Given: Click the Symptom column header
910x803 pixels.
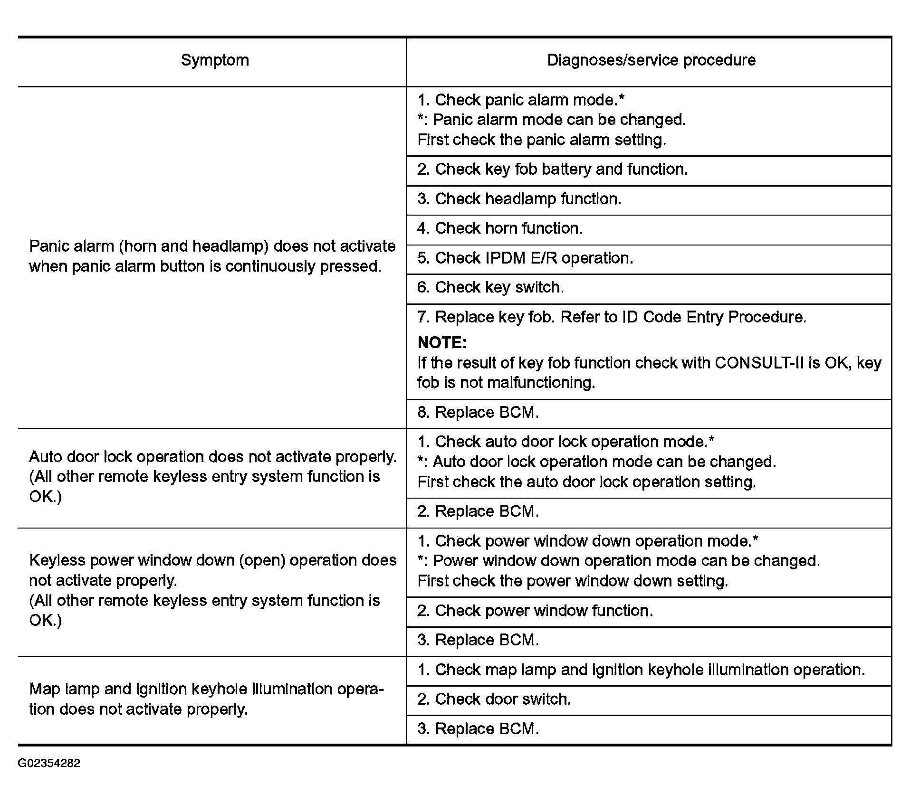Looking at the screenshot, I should (x=215, y=60).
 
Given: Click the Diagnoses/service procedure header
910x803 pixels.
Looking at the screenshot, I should (x=651, y=60).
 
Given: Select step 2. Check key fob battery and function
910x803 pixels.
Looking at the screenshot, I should (x=552, y=170).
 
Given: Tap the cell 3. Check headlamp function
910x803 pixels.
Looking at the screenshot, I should (x=519, y=199).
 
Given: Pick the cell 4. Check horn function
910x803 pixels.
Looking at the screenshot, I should (x=499, y=228).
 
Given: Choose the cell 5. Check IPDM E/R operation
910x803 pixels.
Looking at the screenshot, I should (x=525, y=258).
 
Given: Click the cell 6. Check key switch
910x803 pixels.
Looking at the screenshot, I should (x=490, y=288).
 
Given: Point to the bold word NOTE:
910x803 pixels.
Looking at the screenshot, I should (x=442, y=343).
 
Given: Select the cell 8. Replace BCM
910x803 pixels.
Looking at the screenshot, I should (x=478, y=413).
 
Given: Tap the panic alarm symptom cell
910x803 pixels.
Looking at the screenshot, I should (x=212, y=256).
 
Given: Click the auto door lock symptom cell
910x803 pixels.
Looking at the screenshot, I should (x=212, y=476).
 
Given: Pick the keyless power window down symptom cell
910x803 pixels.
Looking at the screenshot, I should (x=212, y=590).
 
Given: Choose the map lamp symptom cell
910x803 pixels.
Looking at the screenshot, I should (x=206, y=699).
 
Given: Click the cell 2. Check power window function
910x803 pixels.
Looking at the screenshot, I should (x=535, y=611).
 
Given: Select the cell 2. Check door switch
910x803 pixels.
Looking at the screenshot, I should (x=494, y=699).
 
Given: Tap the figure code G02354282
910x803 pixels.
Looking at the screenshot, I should (x=49, y=764).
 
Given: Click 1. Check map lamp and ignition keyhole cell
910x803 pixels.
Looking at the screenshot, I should (x=641, y=670).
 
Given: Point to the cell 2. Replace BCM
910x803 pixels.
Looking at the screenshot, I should (x=478, y=511).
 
